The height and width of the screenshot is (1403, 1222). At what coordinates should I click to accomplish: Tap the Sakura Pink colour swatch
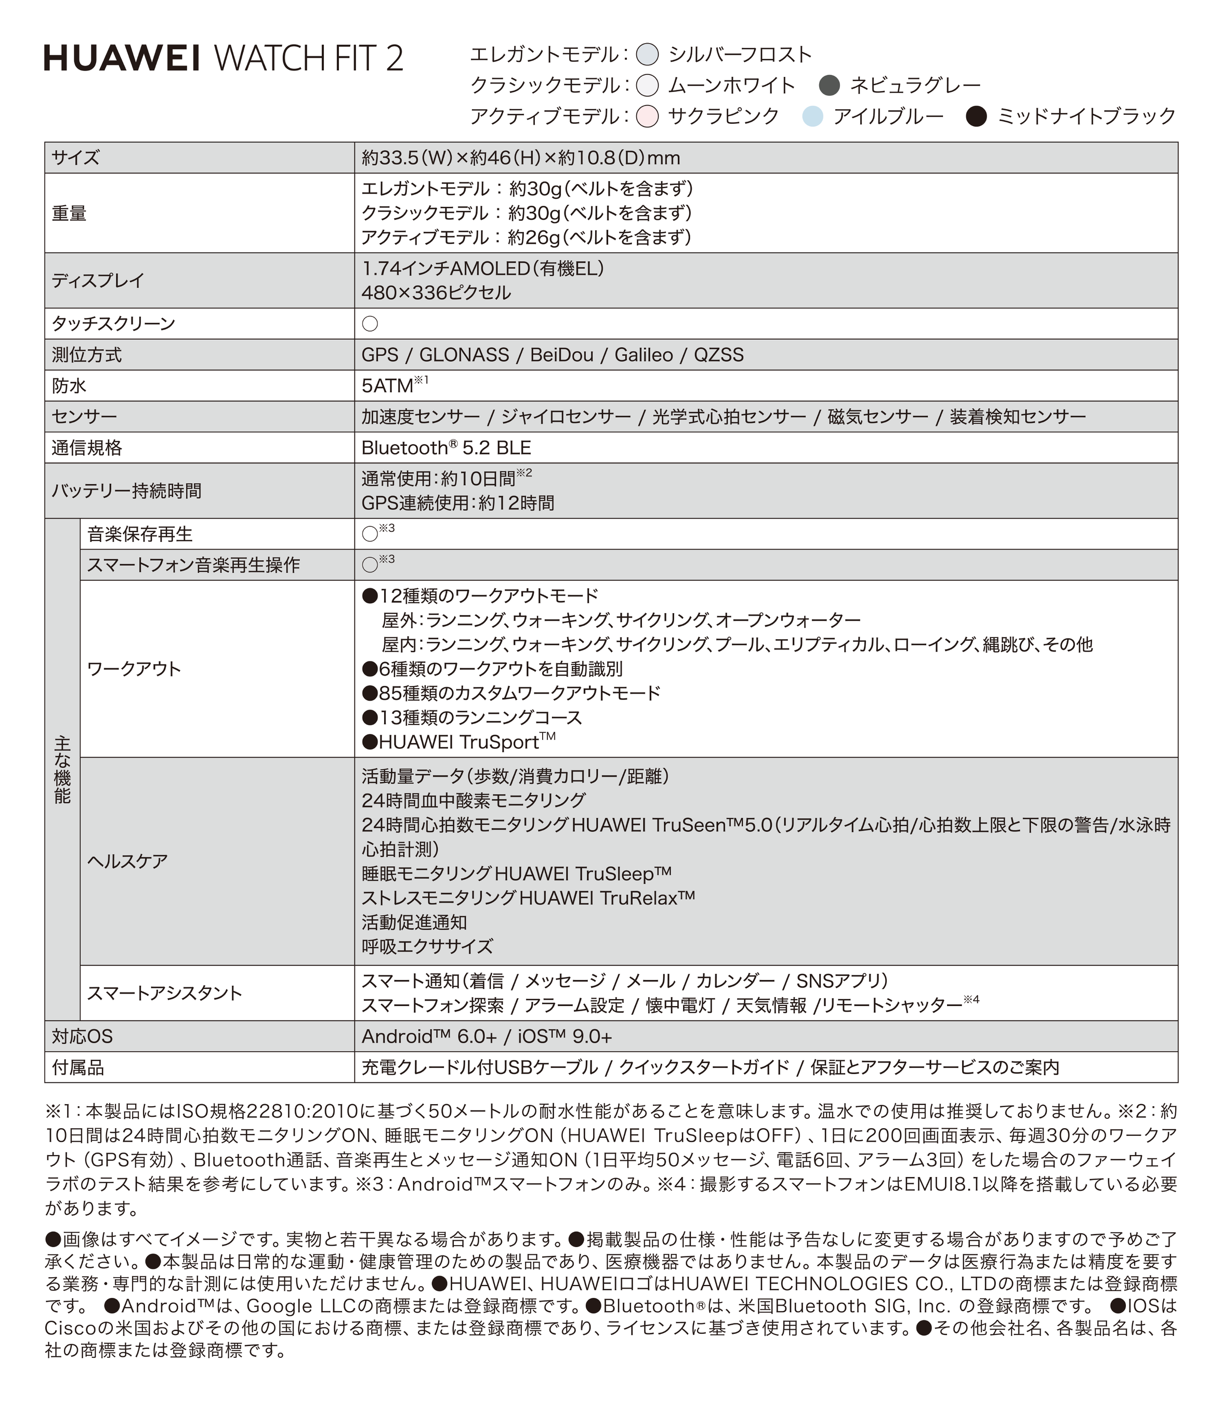tap(647, 116)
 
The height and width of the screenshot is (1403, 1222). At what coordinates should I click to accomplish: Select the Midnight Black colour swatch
tap(977, 116)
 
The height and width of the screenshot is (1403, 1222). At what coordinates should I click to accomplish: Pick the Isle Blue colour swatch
tap(812, 116)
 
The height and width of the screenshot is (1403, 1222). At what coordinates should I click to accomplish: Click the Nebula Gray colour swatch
tap(829, 85)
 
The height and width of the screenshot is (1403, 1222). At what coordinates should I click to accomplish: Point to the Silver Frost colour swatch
tap(647, 55)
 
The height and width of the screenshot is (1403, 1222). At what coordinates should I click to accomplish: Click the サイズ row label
tap(76, 158)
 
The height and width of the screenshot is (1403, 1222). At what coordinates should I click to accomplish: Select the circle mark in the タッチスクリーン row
tap(370, 324)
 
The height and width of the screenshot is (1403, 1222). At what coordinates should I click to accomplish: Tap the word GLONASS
tap(464, 355)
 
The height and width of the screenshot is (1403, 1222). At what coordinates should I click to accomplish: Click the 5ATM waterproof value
tap(387, 387)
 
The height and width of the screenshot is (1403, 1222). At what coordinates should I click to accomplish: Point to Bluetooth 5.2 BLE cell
tap(446, 448)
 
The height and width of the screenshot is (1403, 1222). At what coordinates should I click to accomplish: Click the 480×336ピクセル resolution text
tap(437, 293)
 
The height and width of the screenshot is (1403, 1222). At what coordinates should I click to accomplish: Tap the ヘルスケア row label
tap(127, 861)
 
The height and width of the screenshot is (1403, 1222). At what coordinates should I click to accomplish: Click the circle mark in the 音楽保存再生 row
tap(370, 535)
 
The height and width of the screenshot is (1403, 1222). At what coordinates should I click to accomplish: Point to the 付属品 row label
tap(78, 1068)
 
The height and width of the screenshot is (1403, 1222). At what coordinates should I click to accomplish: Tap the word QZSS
tap(719, 355)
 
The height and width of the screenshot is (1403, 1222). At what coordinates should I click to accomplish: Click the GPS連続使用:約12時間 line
tap(457, 503)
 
